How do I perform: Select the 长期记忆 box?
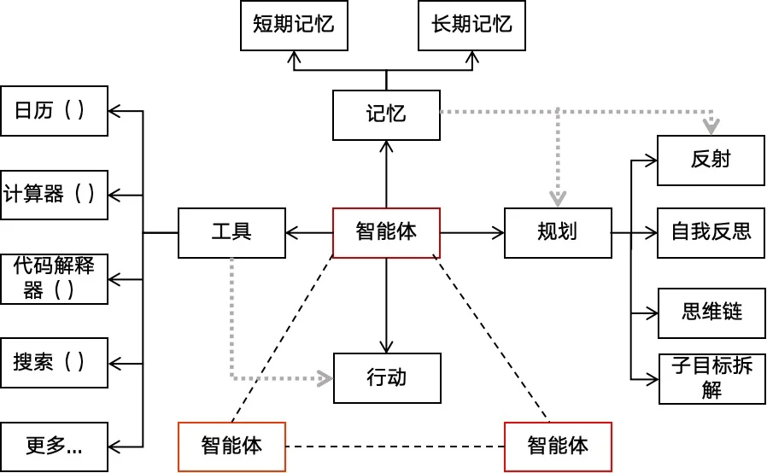pyautogui.click(x=471, y=25)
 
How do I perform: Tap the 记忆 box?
pyautogui.click(x=386, y=114)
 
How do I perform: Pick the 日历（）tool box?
pyautogui.click(x=55, y=110)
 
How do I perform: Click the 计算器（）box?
pyautogui.click(x=55, y=194)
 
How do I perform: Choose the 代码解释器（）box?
pyautogui.click(x=55, y=278)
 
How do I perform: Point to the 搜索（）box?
pyautogui.click(x=55, y=363)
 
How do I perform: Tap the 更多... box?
pyautogui.click(x=55, y=446)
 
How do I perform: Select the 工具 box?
pyautogui.click(x=231, y=232)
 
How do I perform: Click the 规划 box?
pyautogui.click(x=558, y=232)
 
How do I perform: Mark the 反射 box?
pyautogui.click(x=711, y=160)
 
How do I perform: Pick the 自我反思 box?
pyautogui.click(x=711, y=232)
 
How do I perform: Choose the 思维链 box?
pyautogui.click(x=711, y=312)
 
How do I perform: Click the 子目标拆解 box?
pyautogui.click(x=711, y=378)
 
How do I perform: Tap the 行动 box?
pyautogui.click(x=386, y=377)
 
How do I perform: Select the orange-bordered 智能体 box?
pyautogui.click(x=231, y=446)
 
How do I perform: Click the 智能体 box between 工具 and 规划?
pyautogui.click(x=386, y=232)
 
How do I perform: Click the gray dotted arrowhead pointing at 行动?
pyautogui.click(x=325, y=378)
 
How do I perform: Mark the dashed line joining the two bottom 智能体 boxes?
pyautogui.click(x=395, y=446)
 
